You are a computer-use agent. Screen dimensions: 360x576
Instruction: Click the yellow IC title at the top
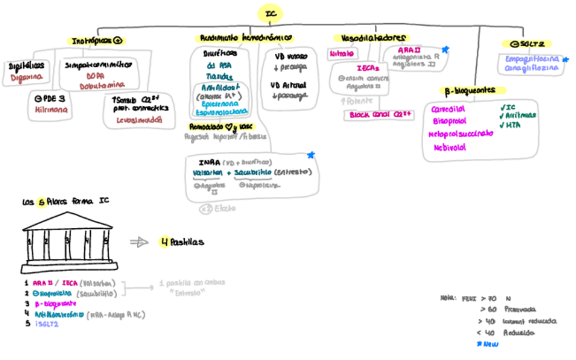point(270,13)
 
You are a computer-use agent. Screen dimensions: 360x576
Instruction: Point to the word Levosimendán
point(141,120)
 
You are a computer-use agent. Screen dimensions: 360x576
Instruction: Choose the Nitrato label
point(341,54)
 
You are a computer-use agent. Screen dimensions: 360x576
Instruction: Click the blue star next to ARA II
point(446,49)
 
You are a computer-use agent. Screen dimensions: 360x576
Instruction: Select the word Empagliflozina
point(532,59)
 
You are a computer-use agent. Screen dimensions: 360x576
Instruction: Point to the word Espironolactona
point(221,112)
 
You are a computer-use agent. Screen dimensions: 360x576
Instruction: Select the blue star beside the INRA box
point(310,156)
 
